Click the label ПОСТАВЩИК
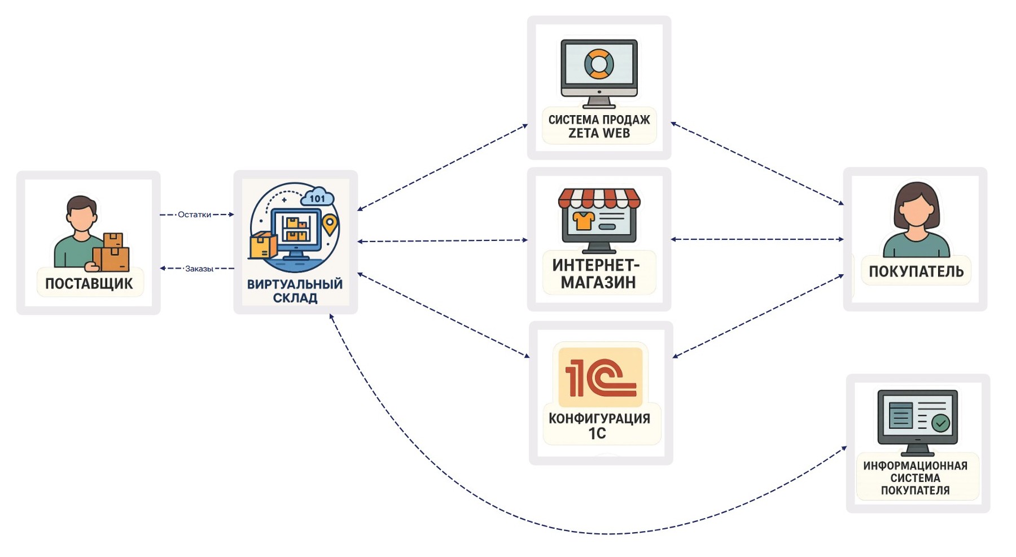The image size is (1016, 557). point(89,283)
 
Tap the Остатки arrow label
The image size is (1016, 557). point(194,214)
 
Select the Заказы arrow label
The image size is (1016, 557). point(199,269)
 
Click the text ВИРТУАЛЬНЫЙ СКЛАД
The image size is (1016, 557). point(295,291)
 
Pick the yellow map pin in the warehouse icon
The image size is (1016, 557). point(330,225)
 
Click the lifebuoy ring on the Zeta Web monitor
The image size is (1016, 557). point(599,64)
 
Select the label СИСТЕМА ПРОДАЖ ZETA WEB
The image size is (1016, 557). point(599,126)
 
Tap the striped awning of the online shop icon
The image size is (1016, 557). point(599,198)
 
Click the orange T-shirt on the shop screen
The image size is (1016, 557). point(583,220)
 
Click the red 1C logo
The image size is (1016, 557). point(600,377)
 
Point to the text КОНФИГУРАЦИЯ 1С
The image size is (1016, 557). point(599,426)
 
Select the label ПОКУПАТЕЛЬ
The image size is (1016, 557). point(916,271)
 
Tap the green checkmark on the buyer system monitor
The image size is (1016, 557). point(940,422)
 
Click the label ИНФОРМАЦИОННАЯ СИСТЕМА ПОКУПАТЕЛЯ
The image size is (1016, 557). point(915,478)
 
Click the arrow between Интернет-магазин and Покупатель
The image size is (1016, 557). point(756,239)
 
